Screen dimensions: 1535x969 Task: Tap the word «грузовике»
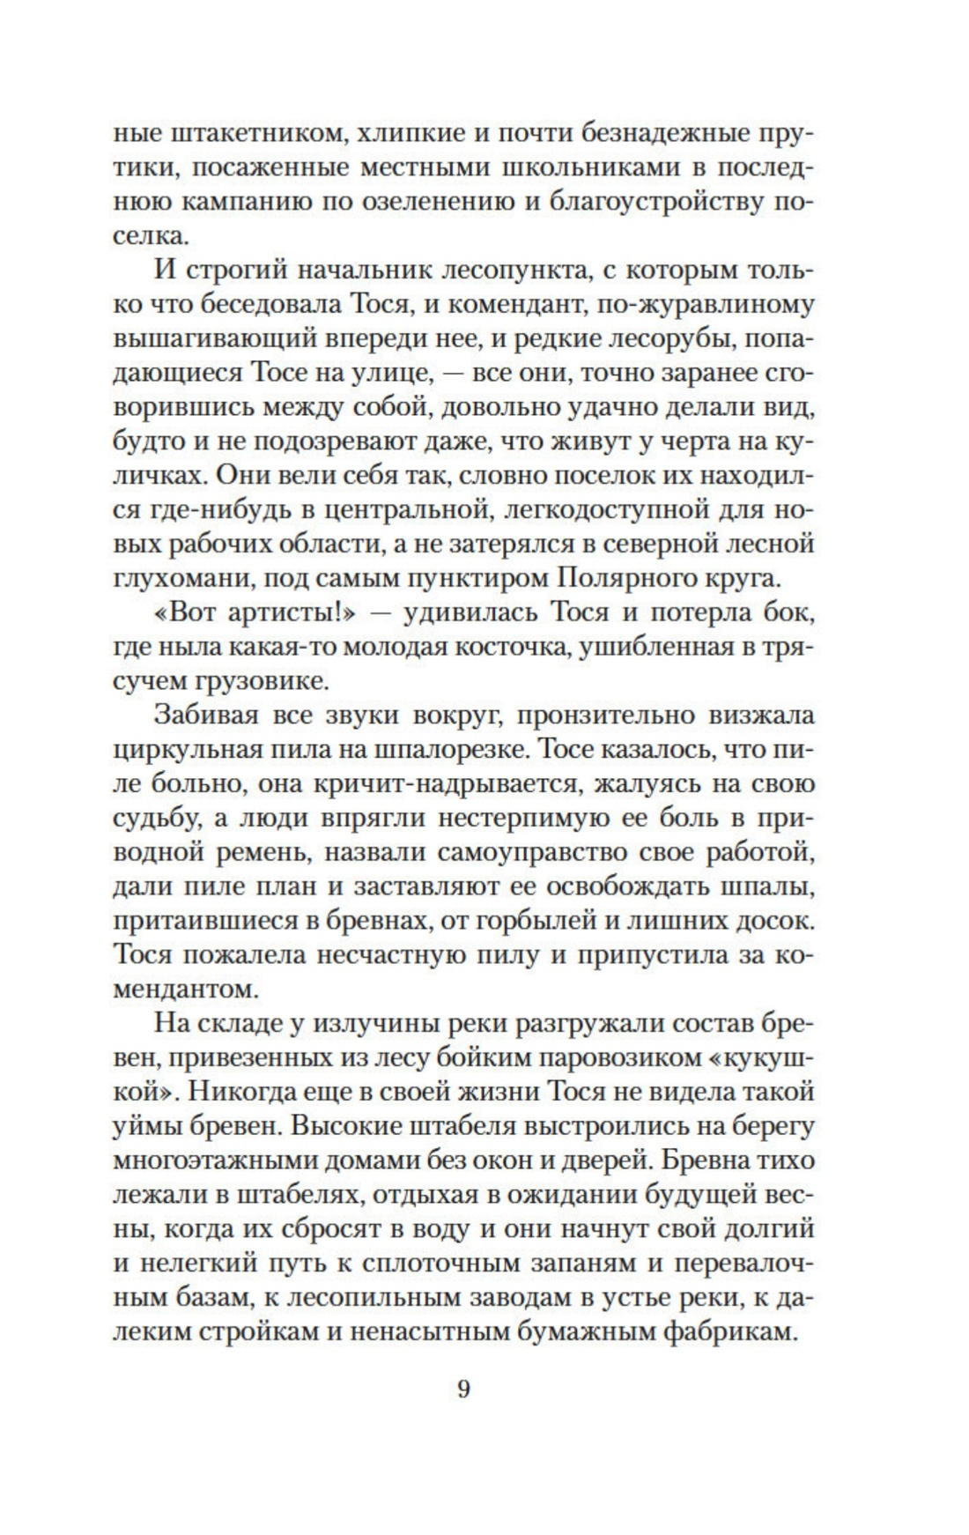(x=284, y=680)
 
